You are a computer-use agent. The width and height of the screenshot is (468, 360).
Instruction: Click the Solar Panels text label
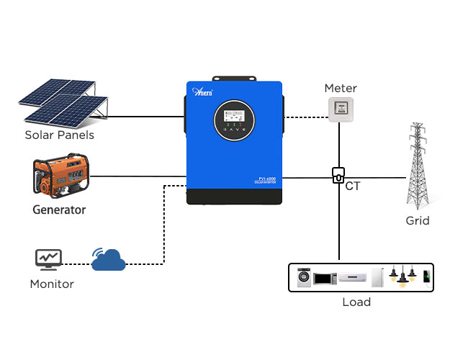tap(59, 135)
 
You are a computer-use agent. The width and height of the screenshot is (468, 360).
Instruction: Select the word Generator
tap(59, 210)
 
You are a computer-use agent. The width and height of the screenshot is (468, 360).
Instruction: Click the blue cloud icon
tap(109, 259)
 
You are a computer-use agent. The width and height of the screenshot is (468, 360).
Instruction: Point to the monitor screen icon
tap(49, 258)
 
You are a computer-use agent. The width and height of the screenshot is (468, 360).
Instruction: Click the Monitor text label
tap(52, 284)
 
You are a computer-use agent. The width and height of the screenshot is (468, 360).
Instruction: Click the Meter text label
tap(341, 89)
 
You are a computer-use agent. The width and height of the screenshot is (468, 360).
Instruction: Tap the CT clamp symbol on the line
tap(338, 176)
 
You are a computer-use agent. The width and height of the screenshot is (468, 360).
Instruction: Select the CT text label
tap(354, 186)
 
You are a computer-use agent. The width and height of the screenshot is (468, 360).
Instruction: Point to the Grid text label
tap(418, 220)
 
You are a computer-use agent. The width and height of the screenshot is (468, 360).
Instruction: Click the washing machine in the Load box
tap(302, 277)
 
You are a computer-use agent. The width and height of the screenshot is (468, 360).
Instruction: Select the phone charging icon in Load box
tap(426, 277)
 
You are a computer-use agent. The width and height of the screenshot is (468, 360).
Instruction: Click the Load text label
tap(356, 302)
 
